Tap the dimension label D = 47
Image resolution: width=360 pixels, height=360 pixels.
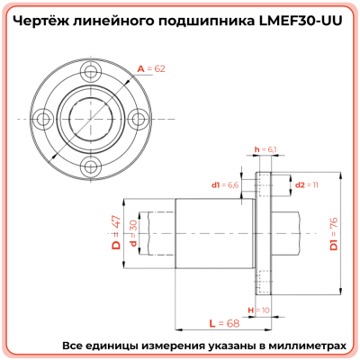click(x=115, y=232)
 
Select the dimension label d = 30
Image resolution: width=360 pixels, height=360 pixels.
click(x=133, y=232)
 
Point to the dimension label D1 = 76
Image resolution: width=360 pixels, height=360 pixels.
click(x=333, y=232)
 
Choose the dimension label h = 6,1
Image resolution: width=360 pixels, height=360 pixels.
click(x=265, y=149)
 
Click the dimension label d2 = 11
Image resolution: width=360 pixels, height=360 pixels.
click(x=307, y=184)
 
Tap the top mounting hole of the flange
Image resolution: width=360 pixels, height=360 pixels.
click(x=88, y=72)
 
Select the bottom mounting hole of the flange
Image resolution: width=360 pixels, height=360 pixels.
click(x=88, y=164)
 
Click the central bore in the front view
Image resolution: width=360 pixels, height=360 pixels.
click(x=88, y=118)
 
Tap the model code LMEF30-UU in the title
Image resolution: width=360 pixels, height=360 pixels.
click(x=298, y=21)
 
